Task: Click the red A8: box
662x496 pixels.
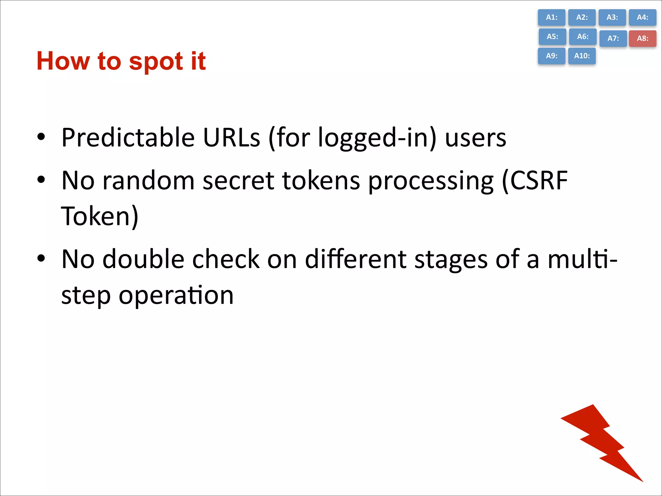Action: (642, 38)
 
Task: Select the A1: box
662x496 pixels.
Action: (551, 17)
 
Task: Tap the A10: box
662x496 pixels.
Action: (582, 56)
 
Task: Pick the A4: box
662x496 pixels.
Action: (642, 17)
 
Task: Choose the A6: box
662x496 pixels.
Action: (582, 36)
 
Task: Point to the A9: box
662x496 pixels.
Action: (551, 56)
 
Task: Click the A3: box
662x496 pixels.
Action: (612, 17)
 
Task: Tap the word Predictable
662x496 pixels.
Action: (128, 138)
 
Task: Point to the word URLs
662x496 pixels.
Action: (231, 138)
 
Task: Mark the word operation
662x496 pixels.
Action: (176, 295)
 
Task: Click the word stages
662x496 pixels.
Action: (451, 260)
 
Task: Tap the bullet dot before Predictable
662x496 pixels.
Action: (41, 137)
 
